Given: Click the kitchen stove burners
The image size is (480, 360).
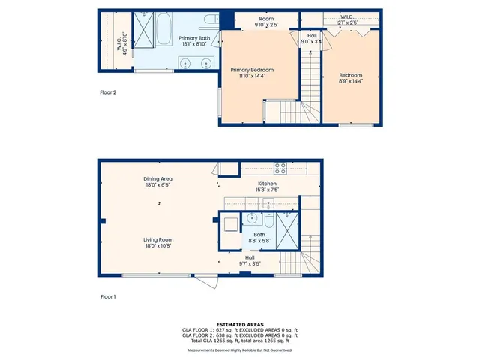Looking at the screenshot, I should pyautogui.click(x=280, y=168).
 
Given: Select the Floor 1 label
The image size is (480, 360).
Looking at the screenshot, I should pyautogui.click(x=109, y=297).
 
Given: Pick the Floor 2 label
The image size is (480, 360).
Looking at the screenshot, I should pyautogui.click(x=109, y=93).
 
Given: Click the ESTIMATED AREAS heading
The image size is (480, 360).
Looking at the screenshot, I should pyautogui.click(x=239, y=324).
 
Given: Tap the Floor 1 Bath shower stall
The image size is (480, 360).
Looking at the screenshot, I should pyautogui.click(x=286, y=227).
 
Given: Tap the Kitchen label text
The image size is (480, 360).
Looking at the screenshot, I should pyautogui.click(x=268, y=184).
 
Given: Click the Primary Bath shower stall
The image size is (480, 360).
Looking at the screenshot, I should pyautogui.click(x=143, y=28).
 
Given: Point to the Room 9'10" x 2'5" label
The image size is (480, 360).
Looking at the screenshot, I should pyautogui.click(x=266, y=22).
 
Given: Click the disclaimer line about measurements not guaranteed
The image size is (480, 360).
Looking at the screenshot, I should pyautogui.click(x=239, y=350).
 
